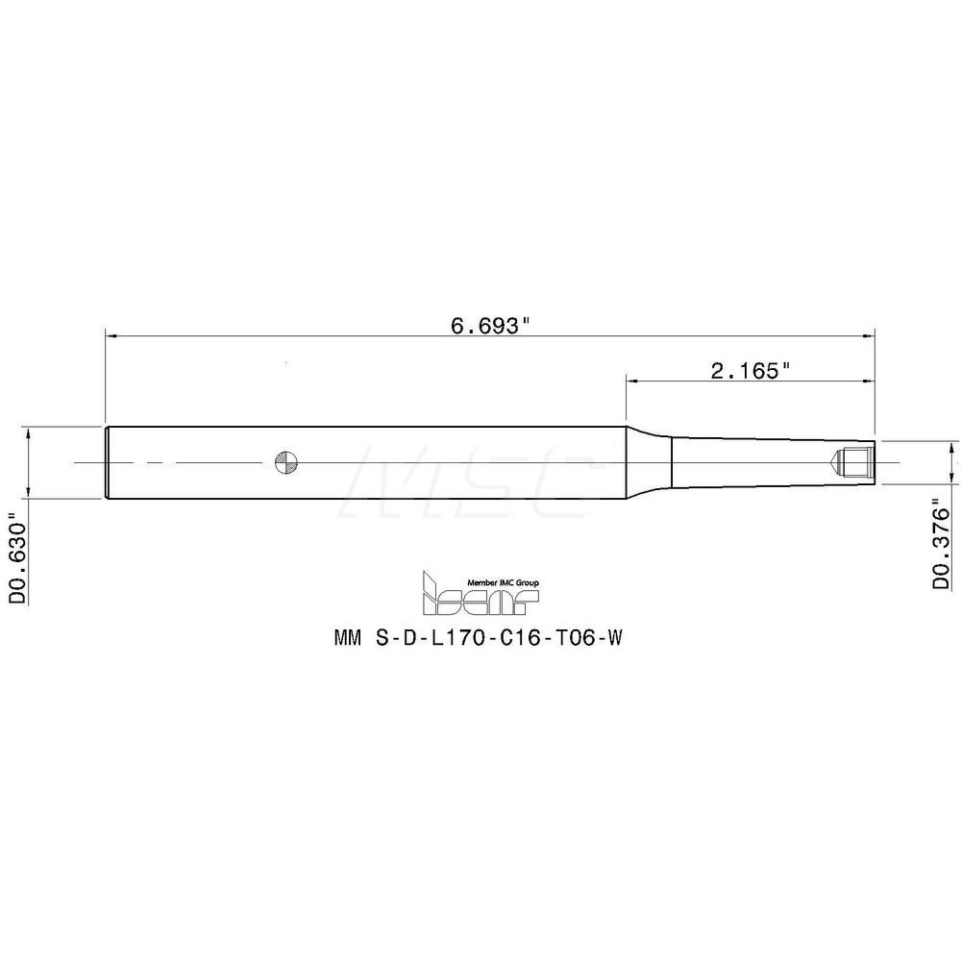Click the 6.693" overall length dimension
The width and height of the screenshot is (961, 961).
[490, 324]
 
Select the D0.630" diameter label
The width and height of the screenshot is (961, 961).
[17, 558]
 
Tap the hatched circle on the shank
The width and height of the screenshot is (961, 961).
[285, 462]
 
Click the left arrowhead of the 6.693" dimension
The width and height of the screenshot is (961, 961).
[110, 335]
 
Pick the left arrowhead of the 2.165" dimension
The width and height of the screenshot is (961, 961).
[631, 382]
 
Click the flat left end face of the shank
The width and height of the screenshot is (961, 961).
[105, 462]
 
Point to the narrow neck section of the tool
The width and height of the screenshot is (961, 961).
[750, 462]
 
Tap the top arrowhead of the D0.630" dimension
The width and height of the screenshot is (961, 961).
[31, 431]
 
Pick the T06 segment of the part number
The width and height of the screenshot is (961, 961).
[571, 637]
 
